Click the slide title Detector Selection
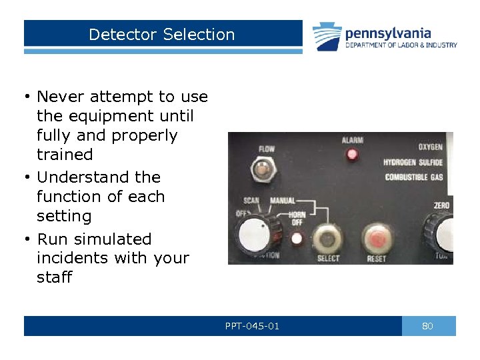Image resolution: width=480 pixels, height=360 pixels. point(162,35)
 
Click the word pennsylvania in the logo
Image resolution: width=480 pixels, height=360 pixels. point(388,33)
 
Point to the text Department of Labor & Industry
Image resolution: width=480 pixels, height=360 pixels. point(401,45)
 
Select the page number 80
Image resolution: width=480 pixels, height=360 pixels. point(428,326)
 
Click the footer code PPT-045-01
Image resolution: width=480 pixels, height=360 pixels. point(252,326)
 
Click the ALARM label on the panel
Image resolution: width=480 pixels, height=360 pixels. point(352,141)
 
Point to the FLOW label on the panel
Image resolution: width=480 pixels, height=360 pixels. point(266,149)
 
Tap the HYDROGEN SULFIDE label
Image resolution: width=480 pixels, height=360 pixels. point(413,162)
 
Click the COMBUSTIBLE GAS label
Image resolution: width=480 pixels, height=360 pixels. point(414,177)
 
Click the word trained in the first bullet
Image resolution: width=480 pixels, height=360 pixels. point(65,155)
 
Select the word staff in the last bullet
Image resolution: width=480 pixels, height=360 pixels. point(54,277)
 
